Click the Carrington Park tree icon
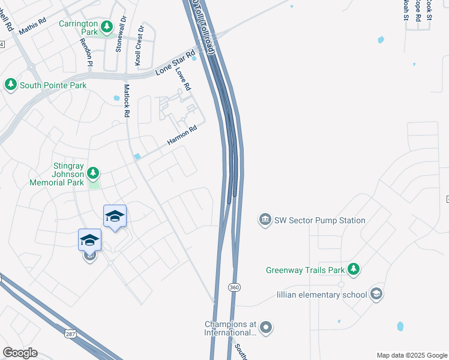point(107,26)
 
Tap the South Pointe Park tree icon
point(11,85)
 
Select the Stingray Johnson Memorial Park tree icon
point(92,173)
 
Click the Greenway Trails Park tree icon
point(354,269)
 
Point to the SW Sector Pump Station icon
point(265,220)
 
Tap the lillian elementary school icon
point(376,294)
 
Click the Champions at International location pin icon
point(267,328)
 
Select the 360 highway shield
point(234,288)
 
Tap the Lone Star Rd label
point(175,63)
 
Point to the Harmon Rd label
point(182,135)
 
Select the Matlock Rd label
point(127,100)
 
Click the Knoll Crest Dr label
point(139,46)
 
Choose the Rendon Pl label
point(86,52)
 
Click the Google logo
point(20,353)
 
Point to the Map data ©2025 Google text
point(411,355)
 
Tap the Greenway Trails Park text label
point(304,270)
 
